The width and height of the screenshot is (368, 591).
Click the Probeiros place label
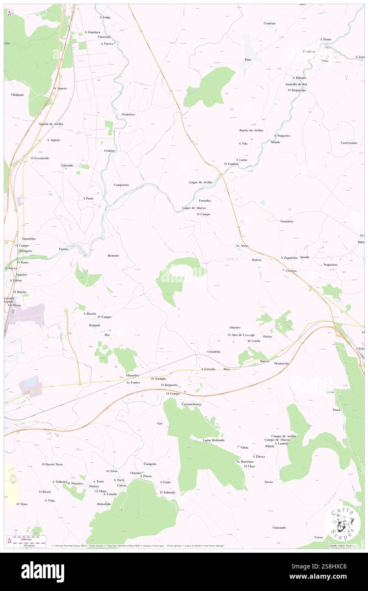coord(128,114)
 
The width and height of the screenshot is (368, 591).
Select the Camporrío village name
coord(121,185)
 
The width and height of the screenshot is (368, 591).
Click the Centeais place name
coord(270,23)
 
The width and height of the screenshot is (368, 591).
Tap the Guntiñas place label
coord(287,221)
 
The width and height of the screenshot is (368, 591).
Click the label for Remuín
coord(113,256)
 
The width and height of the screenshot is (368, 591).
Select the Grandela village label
coord(214,352)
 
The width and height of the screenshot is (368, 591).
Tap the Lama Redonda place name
coord(213,440)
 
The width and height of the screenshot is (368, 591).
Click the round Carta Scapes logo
coord(340,523)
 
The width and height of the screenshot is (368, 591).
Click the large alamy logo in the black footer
coord(42,571)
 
